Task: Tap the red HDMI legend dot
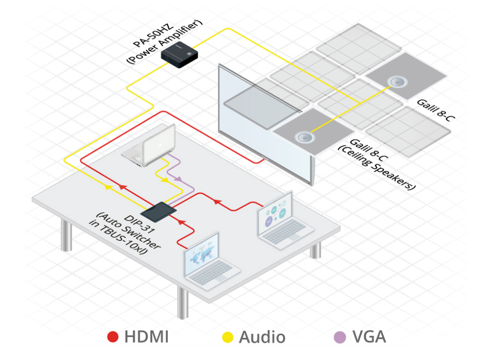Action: click(x=113, y=337)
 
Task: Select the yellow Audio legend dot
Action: click(x=227, y=337)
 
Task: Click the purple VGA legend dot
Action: click(x=340, y=337)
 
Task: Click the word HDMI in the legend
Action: click(x=146, y=337)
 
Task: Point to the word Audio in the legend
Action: click(x=262, y=337)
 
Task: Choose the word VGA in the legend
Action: click(x=369, y=337)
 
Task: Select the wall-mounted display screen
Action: click(x=265, y=123)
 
